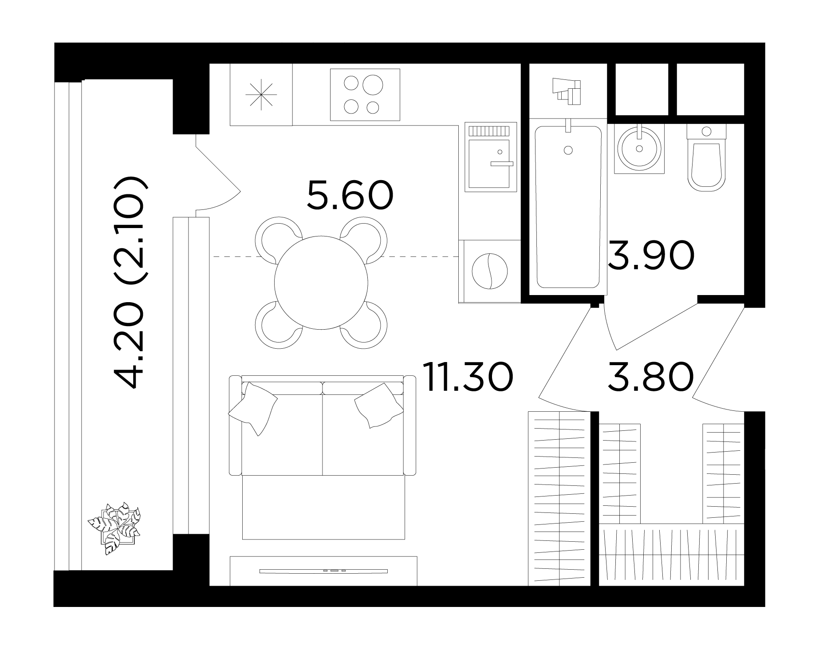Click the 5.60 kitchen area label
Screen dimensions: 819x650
[x=350, y=195]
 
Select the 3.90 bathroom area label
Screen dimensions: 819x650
[x=650, y=256]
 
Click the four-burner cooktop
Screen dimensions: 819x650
[x=365, y=95]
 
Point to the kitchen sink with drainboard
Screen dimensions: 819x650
[x=491, y=157]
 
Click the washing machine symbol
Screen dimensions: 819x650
[x=489, y=272]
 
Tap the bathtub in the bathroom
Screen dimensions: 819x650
[x=568, y=207]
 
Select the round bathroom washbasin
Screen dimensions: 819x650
[x=639, y=148]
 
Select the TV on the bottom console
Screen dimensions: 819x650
[x=323, y=571]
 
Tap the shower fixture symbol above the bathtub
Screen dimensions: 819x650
[x=567, y=91]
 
